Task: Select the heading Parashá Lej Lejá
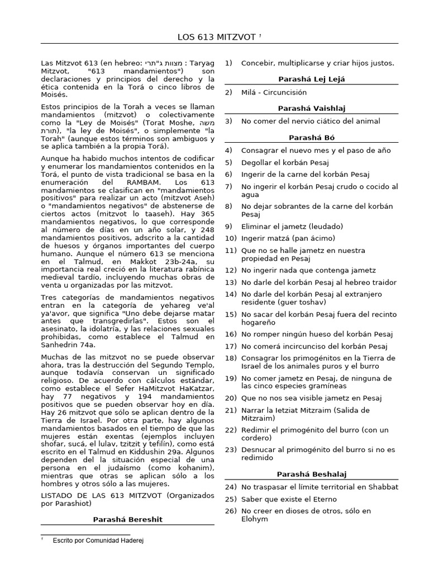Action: click(311, 79)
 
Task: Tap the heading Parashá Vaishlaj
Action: click(311, 108)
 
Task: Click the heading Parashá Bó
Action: click(311, 137)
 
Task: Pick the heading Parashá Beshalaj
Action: click(311, 474)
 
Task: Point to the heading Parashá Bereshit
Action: click(127, 519)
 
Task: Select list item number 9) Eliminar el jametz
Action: click(292, 226)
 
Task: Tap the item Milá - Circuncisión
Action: click(274, 92)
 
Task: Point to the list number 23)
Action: click(231, 449)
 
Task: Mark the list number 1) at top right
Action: click(228, 63)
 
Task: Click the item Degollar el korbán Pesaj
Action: click(285, 162)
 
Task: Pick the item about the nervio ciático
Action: click(310, 121)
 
